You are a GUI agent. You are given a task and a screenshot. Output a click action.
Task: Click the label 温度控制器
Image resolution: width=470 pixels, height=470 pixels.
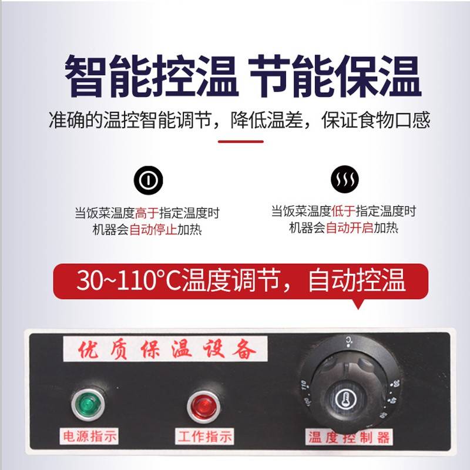(349, 438)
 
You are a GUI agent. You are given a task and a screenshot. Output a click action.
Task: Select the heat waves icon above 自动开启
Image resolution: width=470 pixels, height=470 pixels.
(343, 180)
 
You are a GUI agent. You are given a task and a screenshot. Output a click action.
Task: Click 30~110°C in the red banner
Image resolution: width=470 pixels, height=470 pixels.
(128, 281)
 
